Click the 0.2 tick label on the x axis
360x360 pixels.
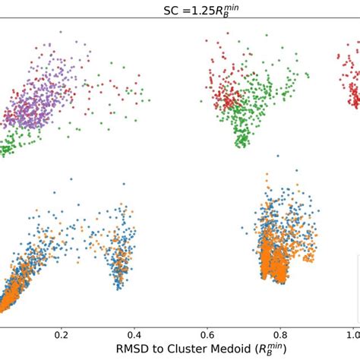(62, 334)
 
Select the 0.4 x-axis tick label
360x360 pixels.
(134, 334)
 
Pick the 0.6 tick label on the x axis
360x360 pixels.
(207, 334)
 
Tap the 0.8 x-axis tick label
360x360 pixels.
(280, 334)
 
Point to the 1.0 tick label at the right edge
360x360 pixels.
(352, 334)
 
